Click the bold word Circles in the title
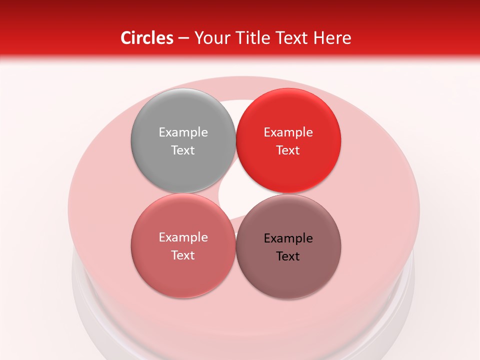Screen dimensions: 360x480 [x=146, y=38]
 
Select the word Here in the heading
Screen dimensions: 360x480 [x=332, y=38]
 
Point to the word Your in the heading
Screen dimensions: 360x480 [x=211, y=38]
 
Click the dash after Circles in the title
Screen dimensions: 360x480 [x=183, y=38]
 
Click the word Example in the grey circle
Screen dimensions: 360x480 [x=183, y=132]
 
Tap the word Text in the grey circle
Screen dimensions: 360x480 [x=183, y=150]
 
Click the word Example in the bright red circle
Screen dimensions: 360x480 [x=288, y=132]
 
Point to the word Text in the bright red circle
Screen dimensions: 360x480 [x=288, y=150]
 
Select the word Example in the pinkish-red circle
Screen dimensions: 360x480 [x=183, y=237]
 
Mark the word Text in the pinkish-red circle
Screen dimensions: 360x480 [x=183, y=255]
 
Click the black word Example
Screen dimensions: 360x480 [x=288, y=238]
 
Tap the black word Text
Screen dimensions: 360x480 [x=288, y=256]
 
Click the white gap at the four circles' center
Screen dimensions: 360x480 [x=235, y=193]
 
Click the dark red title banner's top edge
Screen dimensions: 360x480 [x=240, y=2]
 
